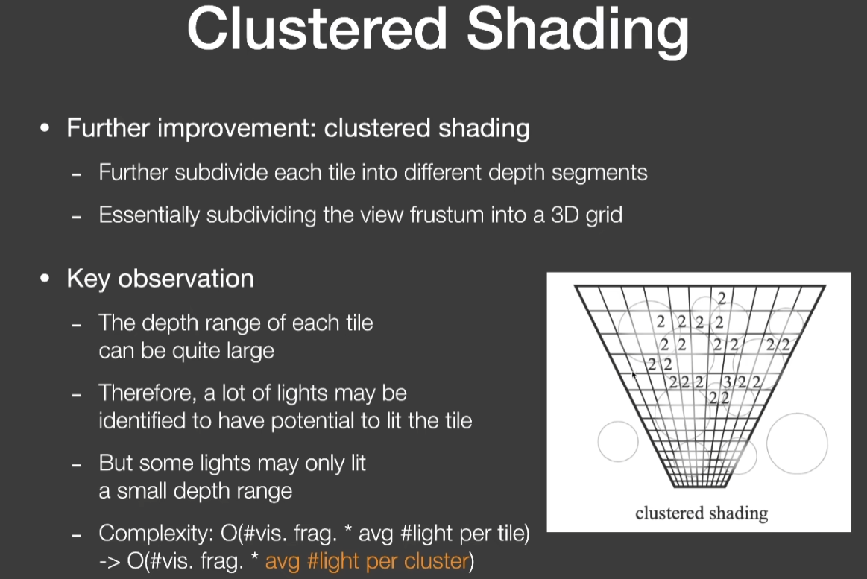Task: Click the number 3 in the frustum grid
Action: [728, 382]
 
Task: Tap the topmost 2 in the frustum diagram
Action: [722, 298]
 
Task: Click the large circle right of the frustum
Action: [797, 443]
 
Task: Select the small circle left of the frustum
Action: [618, 441]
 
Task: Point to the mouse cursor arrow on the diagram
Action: [634, 375]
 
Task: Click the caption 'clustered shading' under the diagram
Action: [702, 513]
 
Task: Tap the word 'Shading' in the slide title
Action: [578, 32]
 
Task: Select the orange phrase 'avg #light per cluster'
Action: [367, 561]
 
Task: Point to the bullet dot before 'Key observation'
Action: [45, 279]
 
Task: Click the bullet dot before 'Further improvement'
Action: [45, 128]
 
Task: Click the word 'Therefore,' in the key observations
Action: [148, 393]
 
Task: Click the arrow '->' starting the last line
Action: [110, 561]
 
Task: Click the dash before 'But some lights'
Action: [76, 465]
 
